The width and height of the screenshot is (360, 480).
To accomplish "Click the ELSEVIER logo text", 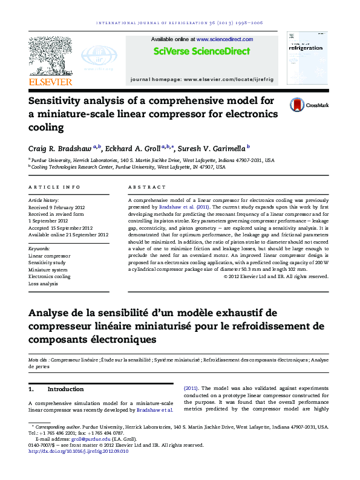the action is pos(51,81).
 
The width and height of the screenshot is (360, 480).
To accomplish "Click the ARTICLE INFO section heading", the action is pos(54,187).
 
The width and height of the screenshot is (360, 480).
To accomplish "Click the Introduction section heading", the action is pos(65,389).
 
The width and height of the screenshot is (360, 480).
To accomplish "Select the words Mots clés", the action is pos(39,360).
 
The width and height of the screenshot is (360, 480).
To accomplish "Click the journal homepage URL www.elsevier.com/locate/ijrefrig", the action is pos(229,80).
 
